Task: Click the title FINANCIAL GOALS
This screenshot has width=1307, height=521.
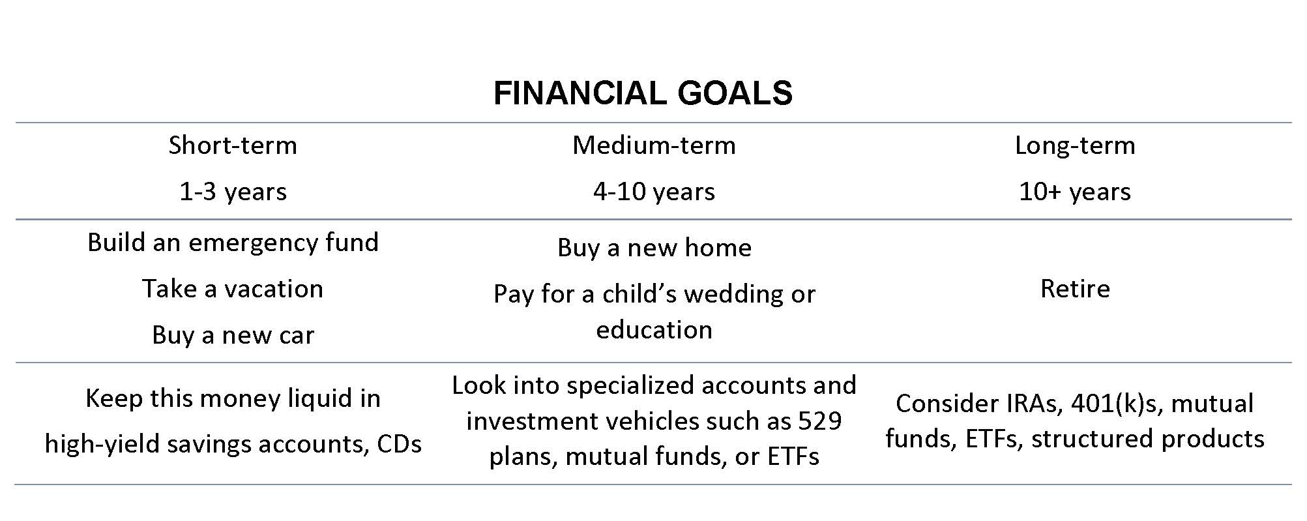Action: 643,93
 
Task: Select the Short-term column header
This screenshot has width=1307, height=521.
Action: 233,145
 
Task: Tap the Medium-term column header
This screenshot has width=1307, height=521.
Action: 654,145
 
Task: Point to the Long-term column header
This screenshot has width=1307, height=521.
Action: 1075,145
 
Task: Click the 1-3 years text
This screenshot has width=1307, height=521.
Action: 233,192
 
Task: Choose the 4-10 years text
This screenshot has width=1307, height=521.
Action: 654,192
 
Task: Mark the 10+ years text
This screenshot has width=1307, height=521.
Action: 1075,192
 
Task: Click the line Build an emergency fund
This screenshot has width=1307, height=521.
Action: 233,243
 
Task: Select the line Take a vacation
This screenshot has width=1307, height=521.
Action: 233,289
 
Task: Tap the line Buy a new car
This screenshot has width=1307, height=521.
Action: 233,335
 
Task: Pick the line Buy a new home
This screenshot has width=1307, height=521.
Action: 654,248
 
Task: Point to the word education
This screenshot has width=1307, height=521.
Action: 654,329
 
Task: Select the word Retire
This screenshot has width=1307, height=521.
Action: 1075,289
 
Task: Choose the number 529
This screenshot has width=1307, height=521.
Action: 820,421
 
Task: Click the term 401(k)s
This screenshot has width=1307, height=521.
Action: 1117,404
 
